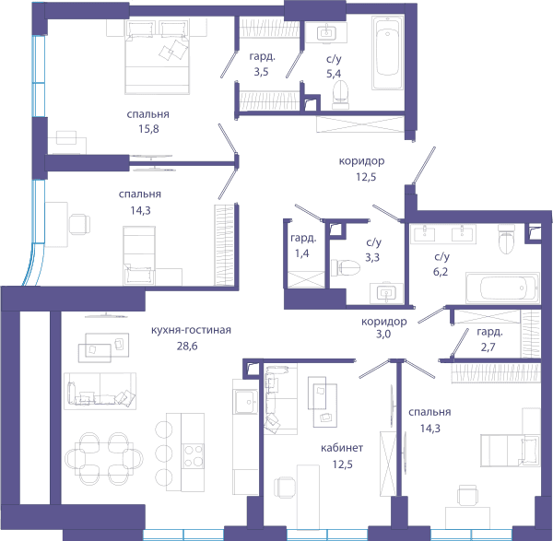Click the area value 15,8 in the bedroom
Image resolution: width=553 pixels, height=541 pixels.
148,129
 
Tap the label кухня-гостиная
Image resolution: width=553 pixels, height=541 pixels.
191,331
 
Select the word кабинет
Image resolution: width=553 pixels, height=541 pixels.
342,448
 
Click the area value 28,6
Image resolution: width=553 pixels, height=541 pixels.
187,347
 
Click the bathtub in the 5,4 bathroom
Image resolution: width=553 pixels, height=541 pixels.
388,53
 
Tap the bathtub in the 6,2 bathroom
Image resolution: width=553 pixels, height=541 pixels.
502,288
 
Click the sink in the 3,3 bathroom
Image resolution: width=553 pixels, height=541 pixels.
386,293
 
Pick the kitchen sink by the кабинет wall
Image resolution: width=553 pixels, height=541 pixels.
246,402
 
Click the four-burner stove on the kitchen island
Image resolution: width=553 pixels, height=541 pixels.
193,456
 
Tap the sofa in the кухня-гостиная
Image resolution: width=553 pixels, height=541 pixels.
100,391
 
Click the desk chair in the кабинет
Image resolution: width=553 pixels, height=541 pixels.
284,487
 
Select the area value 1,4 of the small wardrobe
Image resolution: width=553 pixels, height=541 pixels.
302,253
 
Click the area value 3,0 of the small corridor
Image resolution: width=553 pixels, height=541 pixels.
383,334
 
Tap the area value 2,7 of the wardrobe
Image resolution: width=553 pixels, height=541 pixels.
488,347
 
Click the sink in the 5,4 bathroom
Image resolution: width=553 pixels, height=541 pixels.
326,33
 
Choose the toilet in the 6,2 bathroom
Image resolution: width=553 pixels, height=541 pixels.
506,240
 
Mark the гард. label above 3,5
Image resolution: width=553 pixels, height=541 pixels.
262,56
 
